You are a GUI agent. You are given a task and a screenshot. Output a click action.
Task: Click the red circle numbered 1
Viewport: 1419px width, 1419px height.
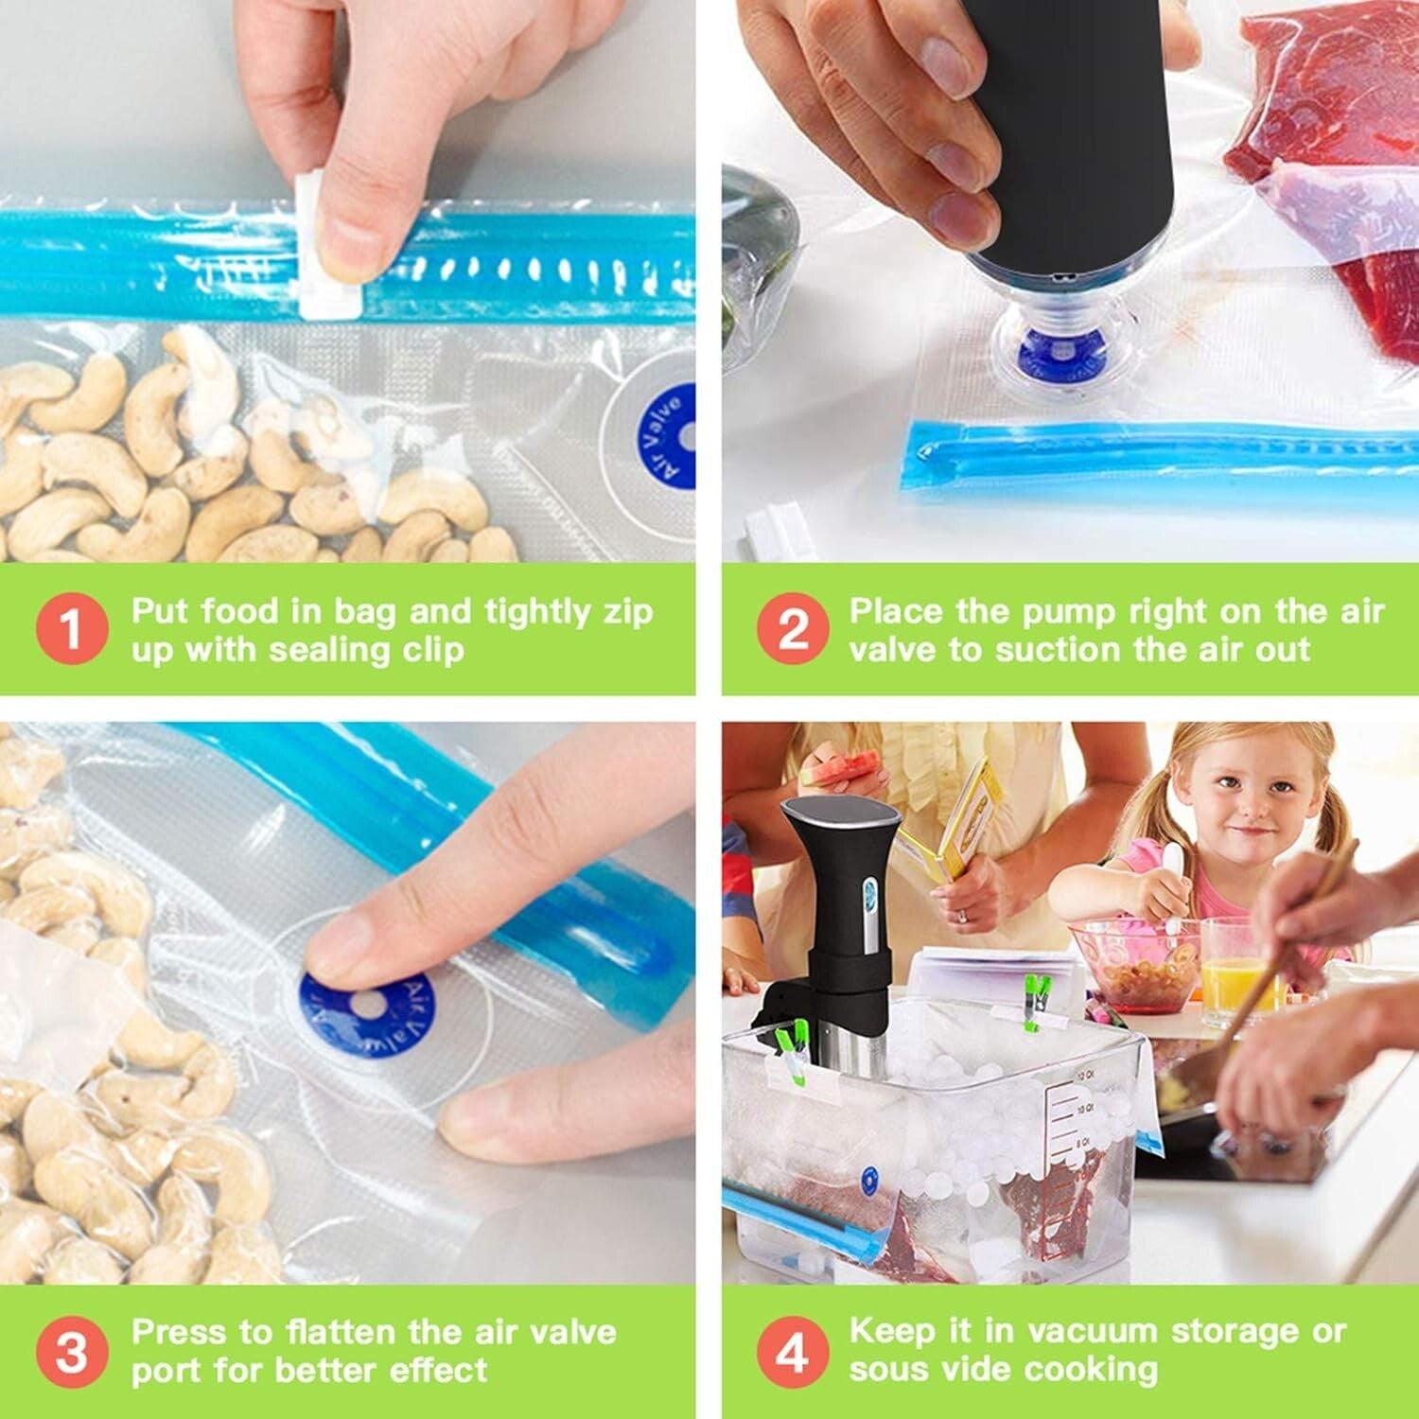[71, 629]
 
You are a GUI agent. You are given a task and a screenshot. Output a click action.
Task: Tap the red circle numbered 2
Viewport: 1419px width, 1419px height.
[793, 629]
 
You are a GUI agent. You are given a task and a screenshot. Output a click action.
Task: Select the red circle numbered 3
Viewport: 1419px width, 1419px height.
[71, 1351]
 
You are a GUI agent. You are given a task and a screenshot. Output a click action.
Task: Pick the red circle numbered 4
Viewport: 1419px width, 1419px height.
[793, 1351]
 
